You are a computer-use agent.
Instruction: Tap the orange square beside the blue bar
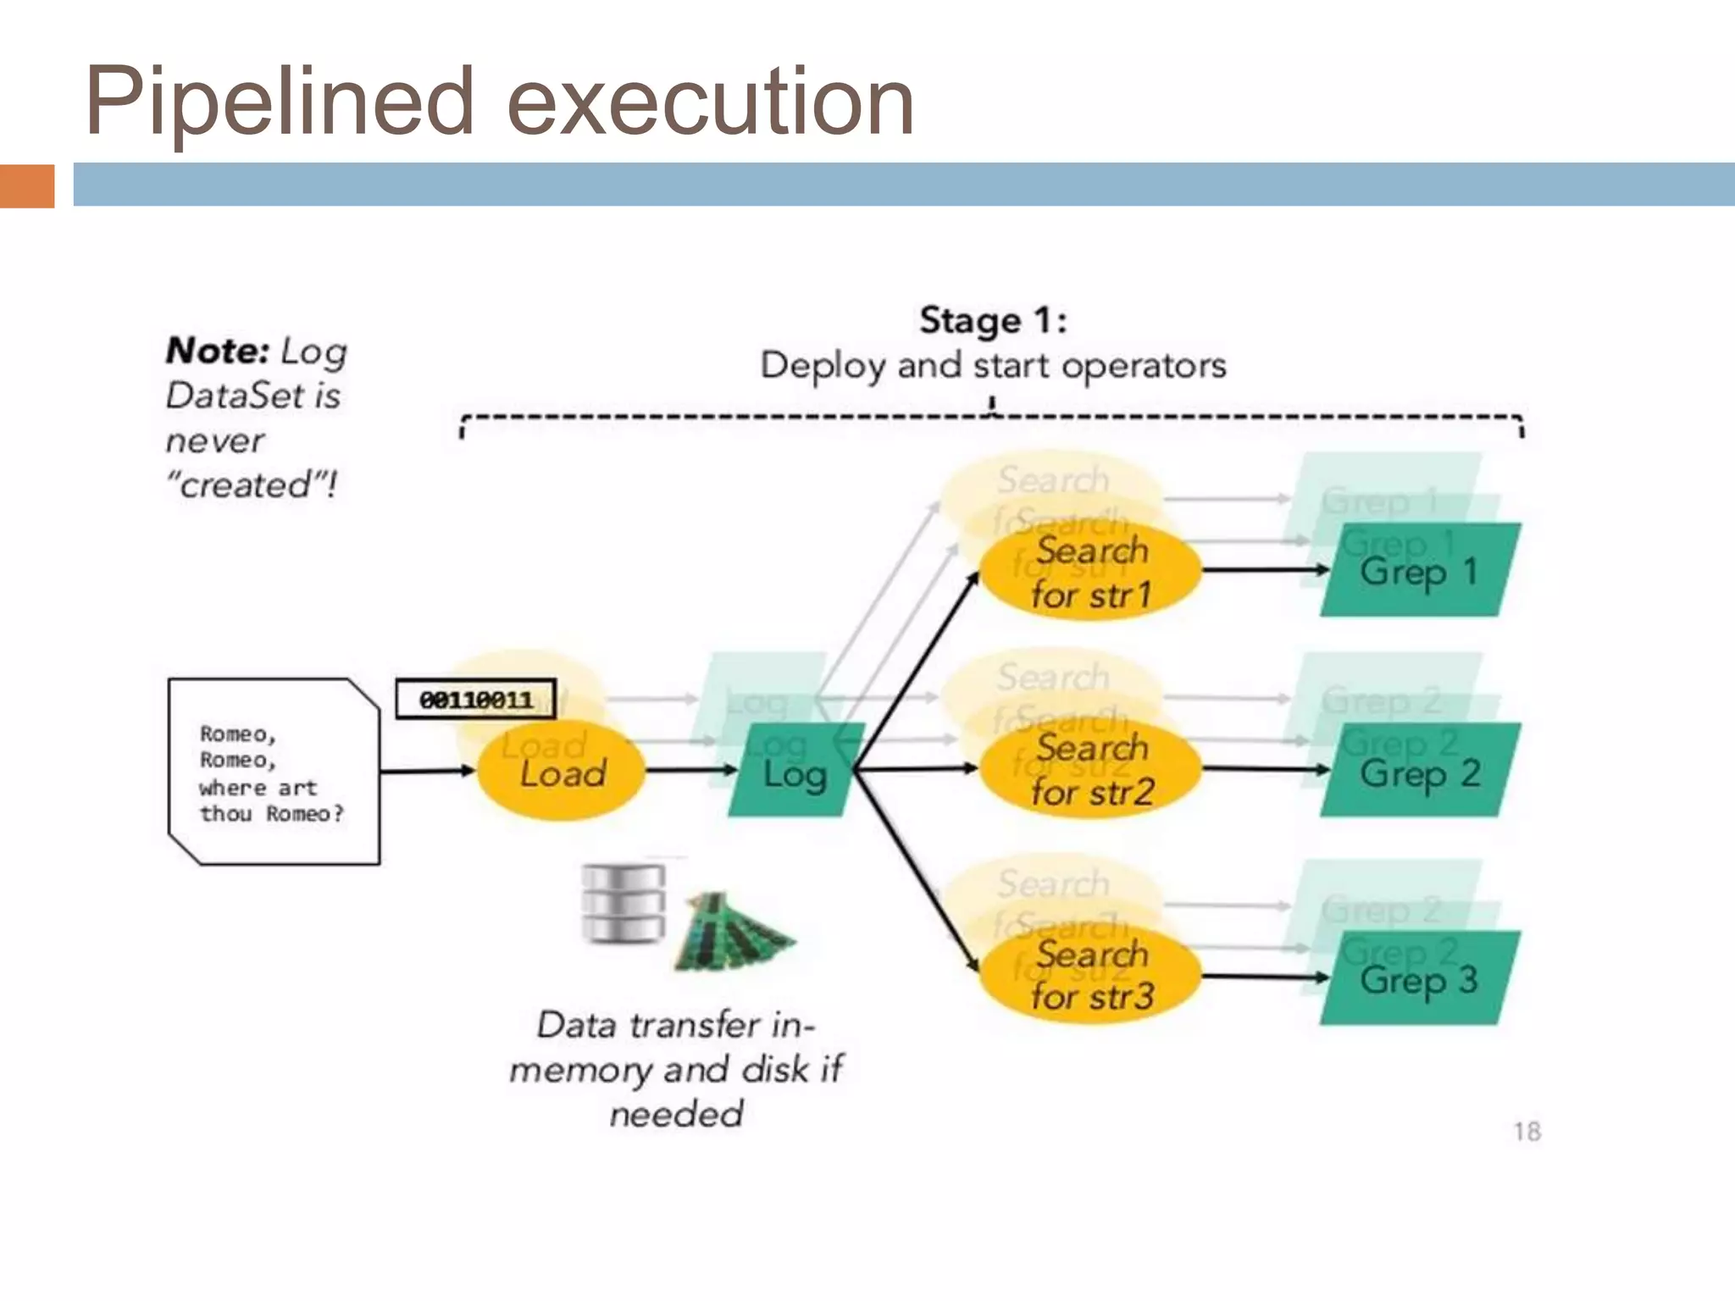(26, 185)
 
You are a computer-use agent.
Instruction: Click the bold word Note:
(218, 351)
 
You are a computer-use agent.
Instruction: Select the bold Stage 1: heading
(993, 321)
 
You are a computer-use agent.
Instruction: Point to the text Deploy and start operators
(993, 366)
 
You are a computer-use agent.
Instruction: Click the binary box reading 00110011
(475, 700)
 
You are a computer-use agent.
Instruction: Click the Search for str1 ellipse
(1091, 573)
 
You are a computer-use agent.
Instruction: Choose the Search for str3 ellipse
(1091, 976)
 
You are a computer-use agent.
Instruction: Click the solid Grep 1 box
(1420, 571)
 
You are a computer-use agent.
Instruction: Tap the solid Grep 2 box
(1420, 771)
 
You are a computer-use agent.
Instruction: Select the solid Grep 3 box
(1420, 979)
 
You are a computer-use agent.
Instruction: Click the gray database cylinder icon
(623, 904)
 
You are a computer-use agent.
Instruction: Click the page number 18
(1527, 1132)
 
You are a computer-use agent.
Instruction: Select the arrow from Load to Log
(690, 770)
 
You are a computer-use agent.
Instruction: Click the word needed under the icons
(676, 1114)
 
